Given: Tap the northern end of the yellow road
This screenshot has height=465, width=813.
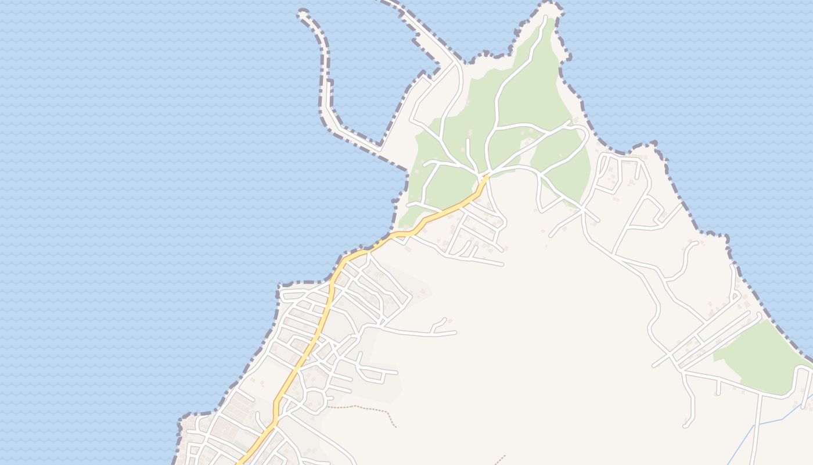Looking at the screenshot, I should pos(487,175).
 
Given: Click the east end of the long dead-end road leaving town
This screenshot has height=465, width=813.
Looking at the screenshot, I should pos(455,332).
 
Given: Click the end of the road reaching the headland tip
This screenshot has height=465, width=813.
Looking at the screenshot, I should pos(544,19).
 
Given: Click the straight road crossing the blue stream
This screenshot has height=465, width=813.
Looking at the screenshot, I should pos(756,424).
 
